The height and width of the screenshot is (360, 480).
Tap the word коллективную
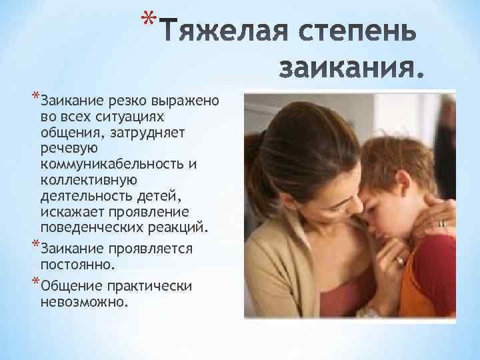pos(89,180)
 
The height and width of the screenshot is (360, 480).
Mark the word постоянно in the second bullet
pos(77,265)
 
